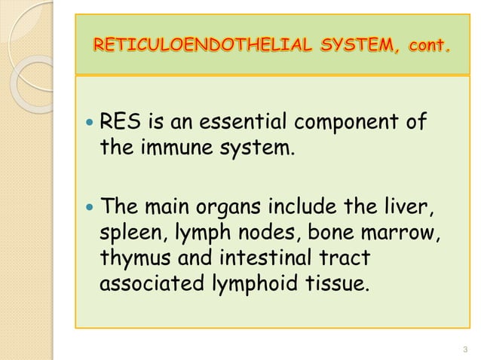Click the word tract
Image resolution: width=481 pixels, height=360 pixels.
348,258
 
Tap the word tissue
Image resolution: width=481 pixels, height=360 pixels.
344,285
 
